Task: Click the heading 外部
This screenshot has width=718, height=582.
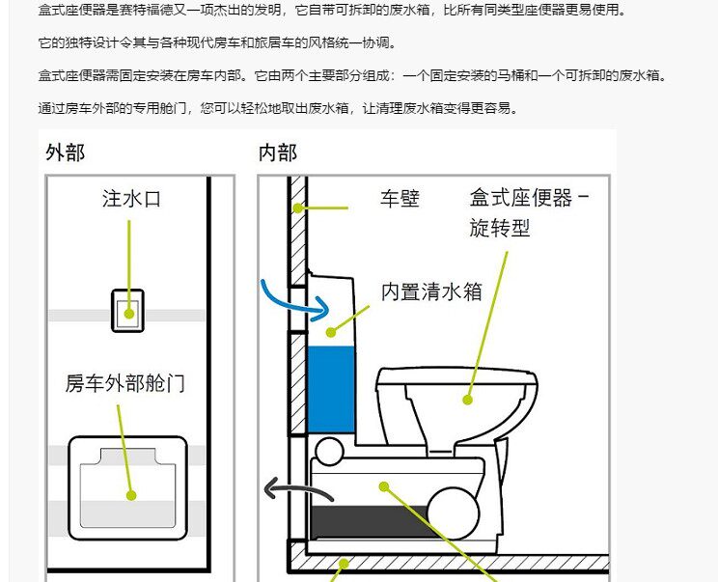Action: [66, 152]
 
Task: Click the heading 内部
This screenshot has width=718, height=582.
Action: [278, 152]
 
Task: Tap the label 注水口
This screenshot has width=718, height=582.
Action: [131, 199]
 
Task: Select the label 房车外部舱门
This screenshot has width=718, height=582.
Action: [124, 383]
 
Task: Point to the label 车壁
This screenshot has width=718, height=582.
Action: [400, 199]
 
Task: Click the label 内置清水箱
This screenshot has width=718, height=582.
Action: [430, 291]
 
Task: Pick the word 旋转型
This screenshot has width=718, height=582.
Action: [501, 228]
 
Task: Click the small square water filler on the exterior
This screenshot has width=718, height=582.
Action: [129, 310]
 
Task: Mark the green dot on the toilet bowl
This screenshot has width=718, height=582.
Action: [469, 398]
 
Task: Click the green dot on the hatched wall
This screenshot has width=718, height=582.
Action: [299, 207]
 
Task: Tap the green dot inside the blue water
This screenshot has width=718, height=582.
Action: [331, 333]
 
